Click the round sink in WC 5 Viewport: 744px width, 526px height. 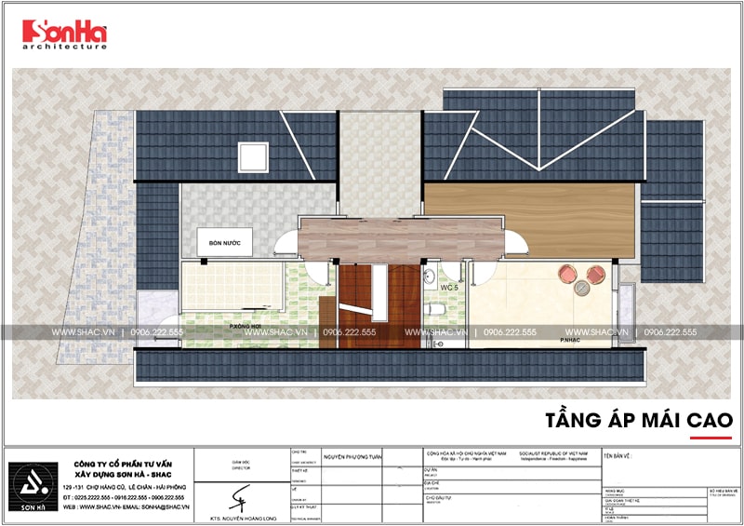[428, 276]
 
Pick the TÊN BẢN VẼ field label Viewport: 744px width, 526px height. [620, 457]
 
